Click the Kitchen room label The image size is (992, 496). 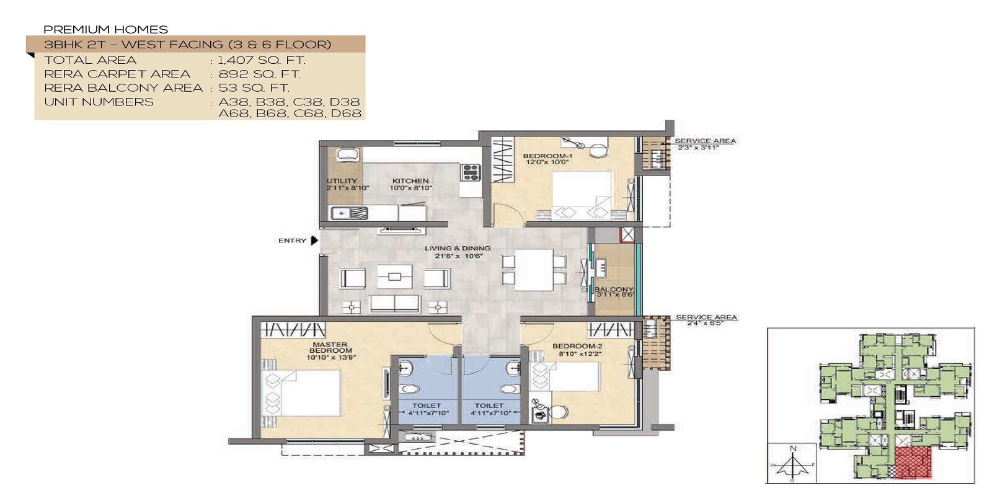(x=410, y=181)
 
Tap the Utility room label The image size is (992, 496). (x=342, y=181)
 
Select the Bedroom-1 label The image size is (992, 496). (x=547, y=156)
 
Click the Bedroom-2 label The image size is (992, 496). (x=577, y=347)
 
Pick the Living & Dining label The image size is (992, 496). (x=457, y=249)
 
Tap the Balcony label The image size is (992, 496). (x=614, y=290)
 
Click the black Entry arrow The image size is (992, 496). (x=314, y=241)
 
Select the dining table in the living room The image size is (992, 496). (x=533, y=270)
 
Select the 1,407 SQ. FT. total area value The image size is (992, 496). (x=262, y=60)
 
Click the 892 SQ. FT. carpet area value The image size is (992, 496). (x=259, y=74)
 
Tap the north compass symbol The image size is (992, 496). (x=793, y=462)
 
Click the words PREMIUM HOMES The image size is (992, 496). (x=105, y=29)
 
